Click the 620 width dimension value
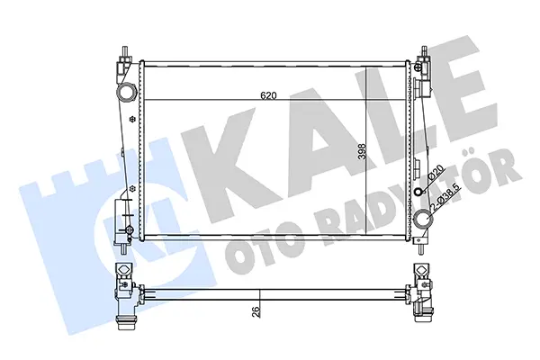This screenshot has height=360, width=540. click(268, 95)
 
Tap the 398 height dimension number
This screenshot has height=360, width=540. click(361, 151)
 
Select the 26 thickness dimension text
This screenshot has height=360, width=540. click(256, 311)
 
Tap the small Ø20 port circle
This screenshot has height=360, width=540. click(418, 193)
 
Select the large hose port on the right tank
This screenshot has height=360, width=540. click(423, 219)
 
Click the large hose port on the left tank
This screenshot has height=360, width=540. click(127, 93)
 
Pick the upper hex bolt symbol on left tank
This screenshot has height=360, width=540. click(131, 120)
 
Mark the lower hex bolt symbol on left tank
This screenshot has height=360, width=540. click(133, 189)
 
